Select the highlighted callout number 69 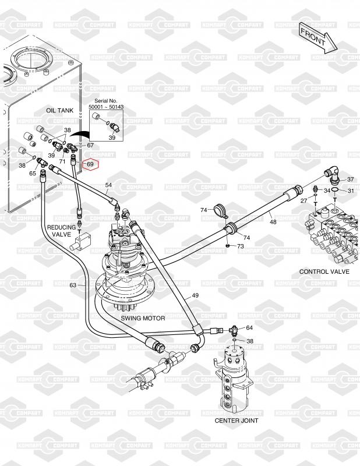tap(90, 164)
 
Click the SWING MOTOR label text tap(143, 319)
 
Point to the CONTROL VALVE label tap(324, 272)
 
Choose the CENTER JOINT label tap(237, 420)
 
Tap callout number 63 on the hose tap(73, 285)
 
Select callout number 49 tap(195, 296)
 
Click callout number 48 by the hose tap(273, 221)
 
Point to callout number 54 tap(108, 185)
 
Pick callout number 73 tap(240, 247)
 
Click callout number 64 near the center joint tap(249, 329)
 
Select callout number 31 tap(351, 190)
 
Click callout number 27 tap(304, 200)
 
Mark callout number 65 tap(33, 173)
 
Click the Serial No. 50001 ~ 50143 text tap(106, 105)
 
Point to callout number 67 tap(90, 144)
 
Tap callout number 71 tap(62, 160)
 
